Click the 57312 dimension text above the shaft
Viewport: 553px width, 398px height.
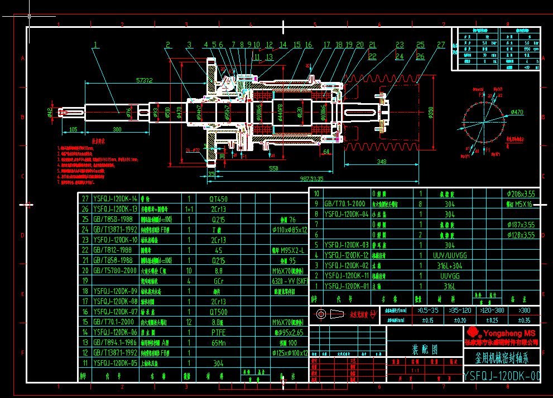pyautogui.click(x=145, y=80)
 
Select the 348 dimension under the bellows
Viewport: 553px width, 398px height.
pyautogui.click(x=382, y=162)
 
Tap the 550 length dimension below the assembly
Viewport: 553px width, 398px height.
pyautogui.click(x=273, y=168)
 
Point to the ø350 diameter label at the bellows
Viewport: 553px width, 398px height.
pyautogui.click(x=431, y=113)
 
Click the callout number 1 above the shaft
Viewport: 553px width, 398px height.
pyautogui.click(x=95, y=44)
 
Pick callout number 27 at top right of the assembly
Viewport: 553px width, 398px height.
pyautogui.click(x=441, y=45)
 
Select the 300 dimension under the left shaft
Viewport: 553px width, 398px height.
pyautogui.click(x=117, y=129)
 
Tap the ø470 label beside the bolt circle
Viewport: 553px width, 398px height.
pyautogui.click(x=517, y=113)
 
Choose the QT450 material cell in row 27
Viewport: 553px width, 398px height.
pyautogui.click(x=218, y=198)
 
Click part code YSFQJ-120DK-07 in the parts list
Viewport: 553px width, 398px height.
pyautogui.click(x=115, y=312)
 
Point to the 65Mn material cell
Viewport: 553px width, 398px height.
pyautogui.click(x=218, y=342)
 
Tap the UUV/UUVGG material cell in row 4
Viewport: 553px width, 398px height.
pyautogui.click(x=450, y=255)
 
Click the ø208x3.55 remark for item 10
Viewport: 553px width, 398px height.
pyautogui.click(x=521, y=193)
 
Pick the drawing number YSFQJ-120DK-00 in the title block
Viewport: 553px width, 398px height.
pyautogui.click(x=502, y=376)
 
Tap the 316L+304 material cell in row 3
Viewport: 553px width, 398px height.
pyautogui.click(x=450, y=265)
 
